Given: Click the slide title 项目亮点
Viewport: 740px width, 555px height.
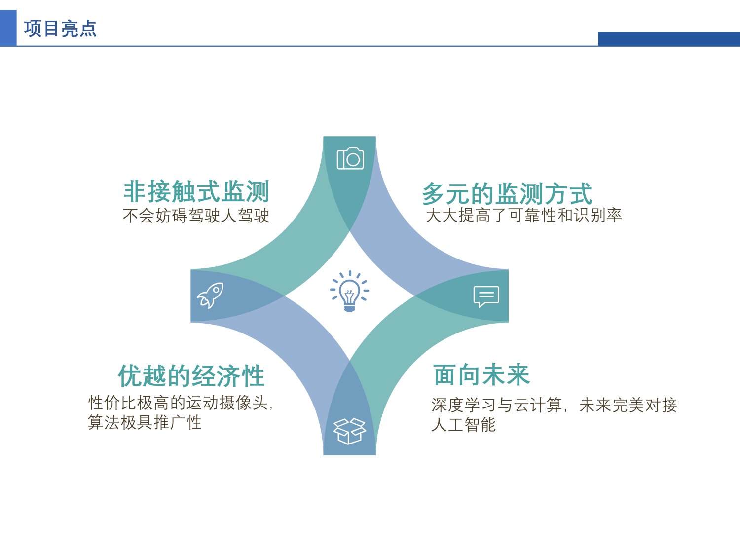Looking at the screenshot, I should tap(60, 29).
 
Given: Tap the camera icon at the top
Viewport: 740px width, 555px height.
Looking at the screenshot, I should tap(350, 158).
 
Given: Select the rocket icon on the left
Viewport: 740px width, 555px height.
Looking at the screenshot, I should tap(210, 296).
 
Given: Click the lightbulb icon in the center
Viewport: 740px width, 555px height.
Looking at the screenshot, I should tap(349, 291).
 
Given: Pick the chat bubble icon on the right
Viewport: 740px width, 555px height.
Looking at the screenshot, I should tap(486, 296).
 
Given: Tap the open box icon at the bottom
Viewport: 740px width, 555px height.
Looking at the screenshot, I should tap(349, 431).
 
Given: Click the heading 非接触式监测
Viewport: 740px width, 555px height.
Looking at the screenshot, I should tap(196, 191).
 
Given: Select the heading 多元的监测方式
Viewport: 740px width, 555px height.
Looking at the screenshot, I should tap(507, 193).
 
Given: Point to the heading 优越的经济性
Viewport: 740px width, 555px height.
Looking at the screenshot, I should tap(191, 376).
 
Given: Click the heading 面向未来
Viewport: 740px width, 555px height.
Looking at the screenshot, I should tap(481, 375).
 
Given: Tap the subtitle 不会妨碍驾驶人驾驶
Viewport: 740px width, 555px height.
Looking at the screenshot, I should tap(196, 216).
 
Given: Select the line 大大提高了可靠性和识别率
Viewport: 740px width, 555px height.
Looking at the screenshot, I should tap(523, 215).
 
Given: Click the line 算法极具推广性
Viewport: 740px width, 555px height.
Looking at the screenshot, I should tap(145, 422).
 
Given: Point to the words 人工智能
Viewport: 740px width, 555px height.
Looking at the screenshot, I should tap(463, 425).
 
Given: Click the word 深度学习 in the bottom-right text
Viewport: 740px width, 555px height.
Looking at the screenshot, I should tap(464, 405).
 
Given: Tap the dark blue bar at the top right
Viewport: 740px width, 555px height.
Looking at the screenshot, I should tap(668, 39).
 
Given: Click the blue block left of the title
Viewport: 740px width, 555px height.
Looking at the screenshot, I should tap(8, 28).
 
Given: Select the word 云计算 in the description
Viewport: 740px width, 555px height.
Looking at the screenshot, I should tap(538, 405).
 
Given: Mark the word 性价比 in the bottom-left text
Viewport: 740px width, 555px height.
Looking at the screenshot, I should tap(112, 403).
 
